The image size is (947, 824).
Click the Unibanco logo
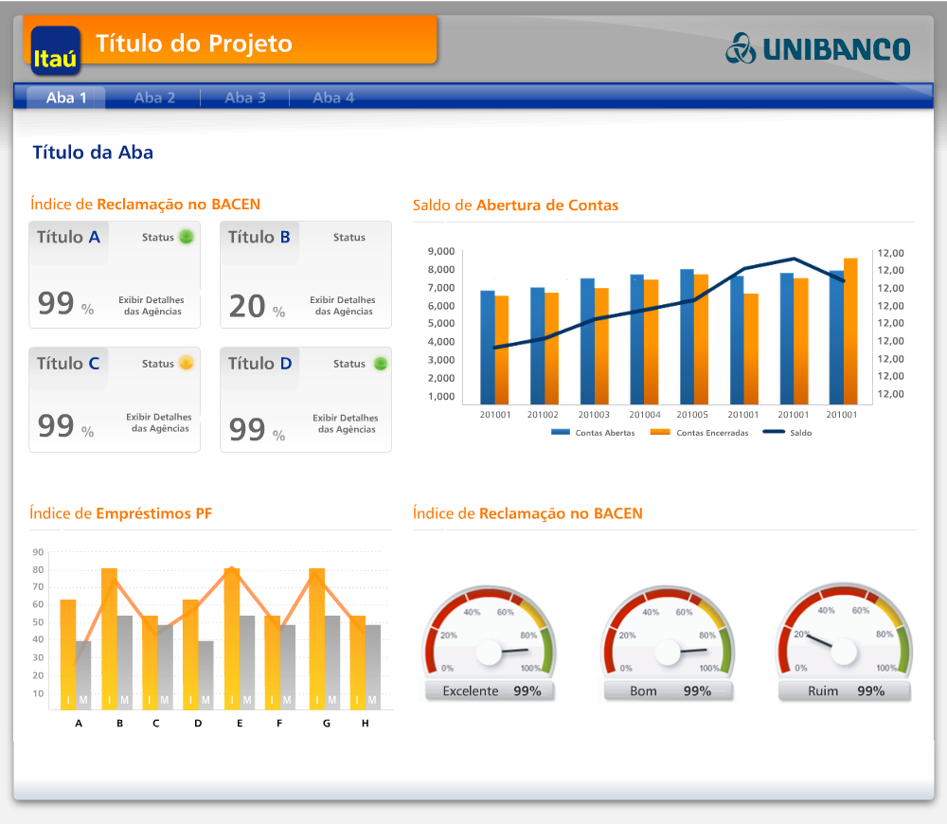818,48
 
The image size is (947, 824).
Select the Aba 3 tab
245,98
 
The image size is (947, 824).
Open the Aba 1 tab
66,98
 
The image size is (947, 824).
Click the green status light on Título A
187,237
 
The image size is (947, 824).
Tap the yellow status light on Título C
187,363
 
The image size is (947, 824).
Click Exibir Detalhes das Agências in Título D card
346,423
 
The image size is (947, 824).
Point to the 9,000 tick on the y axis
441,252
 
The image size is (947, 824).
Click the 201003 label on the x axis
594,415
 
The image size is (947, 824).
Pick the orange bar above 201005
702,338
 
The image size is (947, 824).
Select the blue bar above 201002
537,345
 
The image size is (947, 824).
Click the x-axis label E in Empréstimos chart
240,724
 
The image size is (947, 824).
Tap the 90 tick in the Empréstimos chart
38,552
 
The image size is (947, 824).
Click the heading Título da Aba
93,152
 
